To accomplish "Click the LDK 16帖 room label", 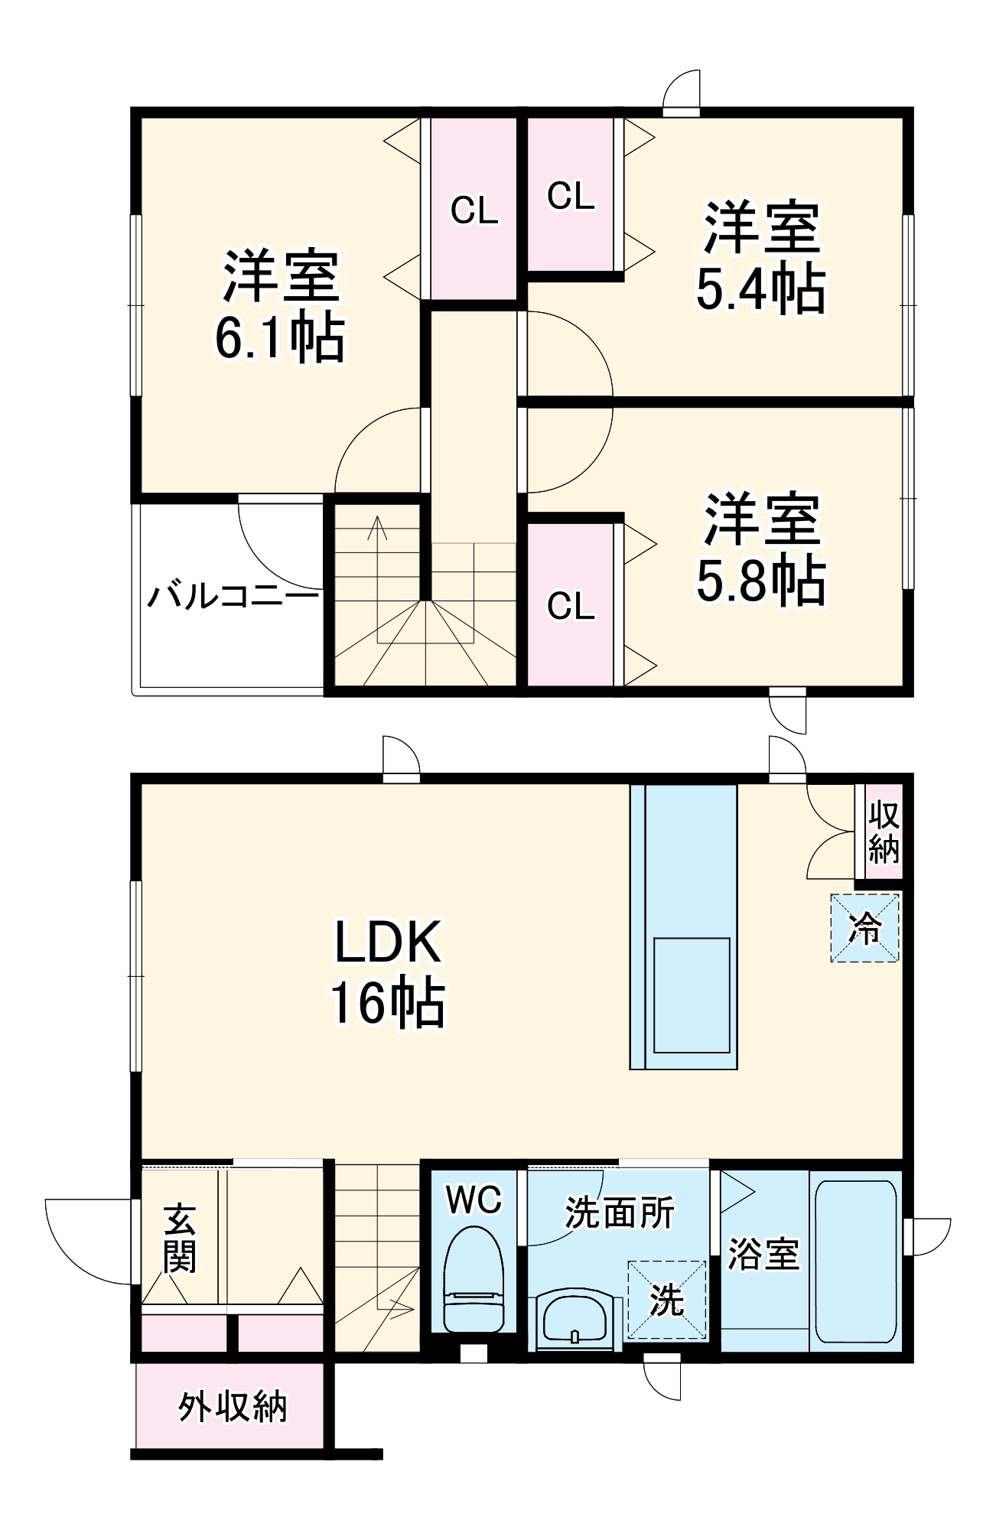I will coord(388,973).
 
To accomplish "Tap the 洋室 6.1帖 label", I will coord(280,306).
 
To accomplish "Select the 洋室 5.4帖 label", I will coord(760,258).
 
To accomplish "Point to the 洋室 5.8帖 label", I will coord(760,550).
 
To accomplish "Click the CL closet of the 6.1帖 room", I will coord(474,210).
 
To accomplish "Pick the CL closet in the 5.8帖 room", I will coord(571,605).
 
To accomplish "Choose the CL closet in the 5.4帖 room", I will coord(571,196).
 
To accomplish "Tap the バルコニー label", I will coord(232,596).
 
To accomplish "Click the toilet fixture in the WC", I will coord(474,1280).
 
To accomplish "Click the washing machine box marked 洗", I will coord(666,1300).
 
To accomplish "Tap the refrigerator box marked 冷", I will coord(864,928).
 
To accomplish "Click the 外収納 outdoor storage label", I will coord(232,1406).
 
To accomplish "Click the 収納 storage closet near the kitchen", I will coord(884,832).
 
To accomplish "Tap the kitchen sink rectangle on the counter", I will coord(691,994).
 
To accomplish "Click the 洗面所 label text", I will coord(620,1213).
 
